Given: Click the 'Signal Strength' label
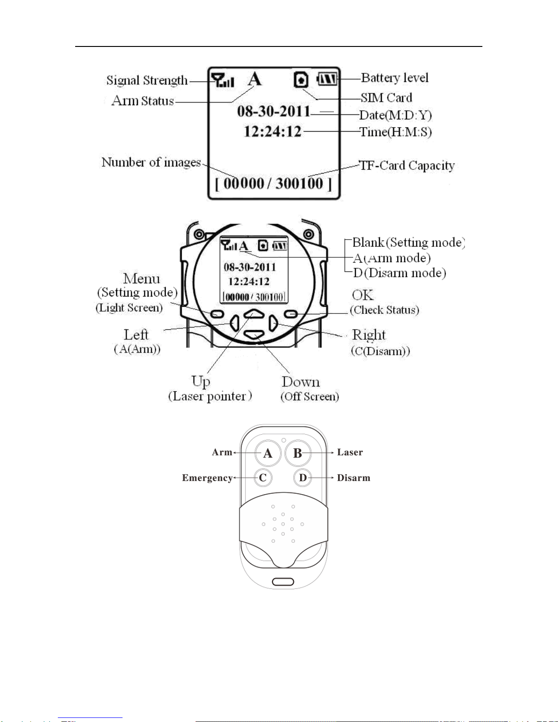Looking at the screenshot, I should pos(147,81).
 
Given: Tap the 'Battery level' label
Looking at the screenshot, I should pos(394,78).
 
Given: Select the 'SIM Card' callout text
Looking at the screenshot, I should pos(386,98).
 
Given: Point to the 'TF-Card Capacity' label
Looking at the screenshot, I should pos(407,165).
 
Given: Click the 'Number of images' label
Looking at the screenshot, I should pos(151,162).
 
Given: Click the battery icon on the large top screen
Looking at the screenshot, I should pos(327,79).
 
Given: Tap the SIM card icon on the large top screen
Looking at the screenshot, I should pos(301,80).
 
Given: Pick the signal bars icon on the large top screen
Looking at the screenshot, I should pos(223,81).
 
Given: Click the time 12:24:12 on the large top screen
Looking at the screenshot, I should pos(272,132).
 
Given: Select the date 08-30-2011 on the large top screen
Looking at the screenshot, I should pos(273,111).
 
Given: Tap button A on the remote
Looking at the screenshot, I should pos(268,453).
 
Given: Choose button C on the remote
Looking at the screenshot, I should pos(263,478).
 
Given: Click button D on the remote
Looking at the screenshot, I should pos(303,478).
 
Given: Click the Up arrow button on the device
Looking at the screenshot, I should pos(254,313).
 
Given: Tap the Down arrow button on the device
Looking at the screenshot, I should pos(254,335).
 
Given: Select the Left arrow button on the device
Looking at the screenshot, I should pos(235,323).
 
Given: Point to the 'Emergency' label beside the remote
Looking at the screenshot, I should pos(207,478).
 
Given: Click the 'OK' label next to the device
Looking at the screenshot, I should pos(363,295).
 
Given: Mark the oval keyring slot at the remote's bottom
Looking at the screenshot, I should pos(283,582).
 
